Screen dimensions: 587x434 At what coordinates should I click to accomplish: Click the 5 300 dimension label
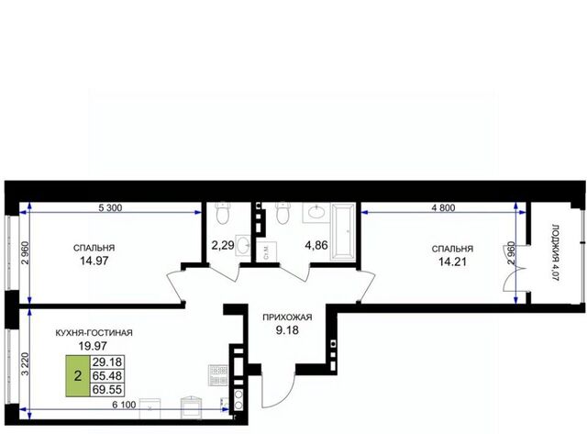(110, 207)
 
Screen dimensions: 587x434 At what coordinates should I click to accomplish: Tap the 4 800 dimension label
(443, 208)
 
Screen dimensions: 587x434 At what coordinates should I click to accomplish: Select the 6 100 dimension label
(124, 405)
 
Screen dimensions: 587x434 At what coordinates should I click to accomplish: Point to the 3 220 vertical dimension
(25, 364)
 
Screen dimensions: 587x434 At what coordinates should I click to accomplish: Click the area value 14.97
(94, 261)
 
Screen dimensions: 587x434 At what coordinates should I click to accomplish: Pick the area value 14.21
(452, 262)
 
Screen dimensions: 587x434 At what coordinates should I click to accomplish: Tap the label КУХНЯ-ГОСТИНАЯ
(94, 332)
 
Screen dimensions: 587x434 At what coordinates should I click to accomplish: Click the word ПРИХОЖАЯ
(287, 317)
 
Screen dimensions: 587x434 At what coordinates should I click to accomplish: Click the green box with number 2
(78, 375)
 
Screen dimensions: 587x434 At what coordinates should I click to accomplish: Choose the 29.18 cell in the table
(107, 362)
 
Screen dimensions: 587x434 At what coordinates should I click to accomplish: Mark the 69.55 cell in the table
(107, 389)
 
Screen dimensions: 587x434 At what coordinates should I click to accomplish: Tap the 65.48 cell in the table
(107, 375)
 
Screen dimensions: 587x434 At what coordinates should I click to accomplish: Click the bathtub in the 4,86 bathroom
(342, 231)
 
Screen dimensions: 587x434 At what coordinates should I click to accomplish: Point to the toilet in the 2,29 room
(223, 213)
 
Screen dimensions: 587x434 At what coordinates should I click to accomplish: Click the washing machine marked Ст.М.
(267, 252)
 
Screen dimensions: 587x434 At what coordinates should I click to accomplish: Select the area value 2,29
(223, 245)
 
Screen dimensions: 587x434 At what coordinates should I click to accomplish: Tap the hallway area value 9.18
(287, 330)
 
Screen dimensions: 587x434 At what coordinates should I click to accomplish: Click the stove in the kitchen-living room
(218, 375)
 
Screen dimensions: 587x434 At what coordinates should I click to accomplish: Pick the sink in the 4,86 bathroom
(316, 213)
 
